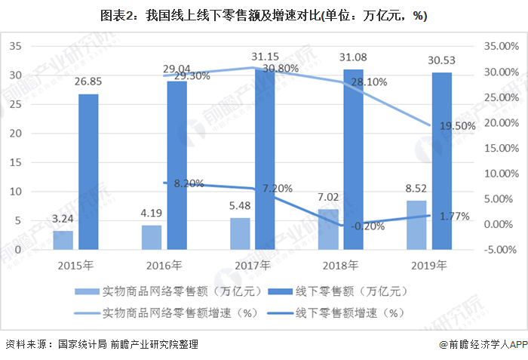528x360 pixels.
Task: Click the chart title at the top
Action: pos(264,15)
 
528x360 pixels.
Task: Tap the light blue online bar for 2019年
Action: pos(416,225)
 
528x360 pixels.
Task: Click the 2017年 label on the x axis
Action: pos(252,265)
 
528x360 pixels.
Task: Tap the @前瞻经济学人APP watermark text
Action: pos(483,344)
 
